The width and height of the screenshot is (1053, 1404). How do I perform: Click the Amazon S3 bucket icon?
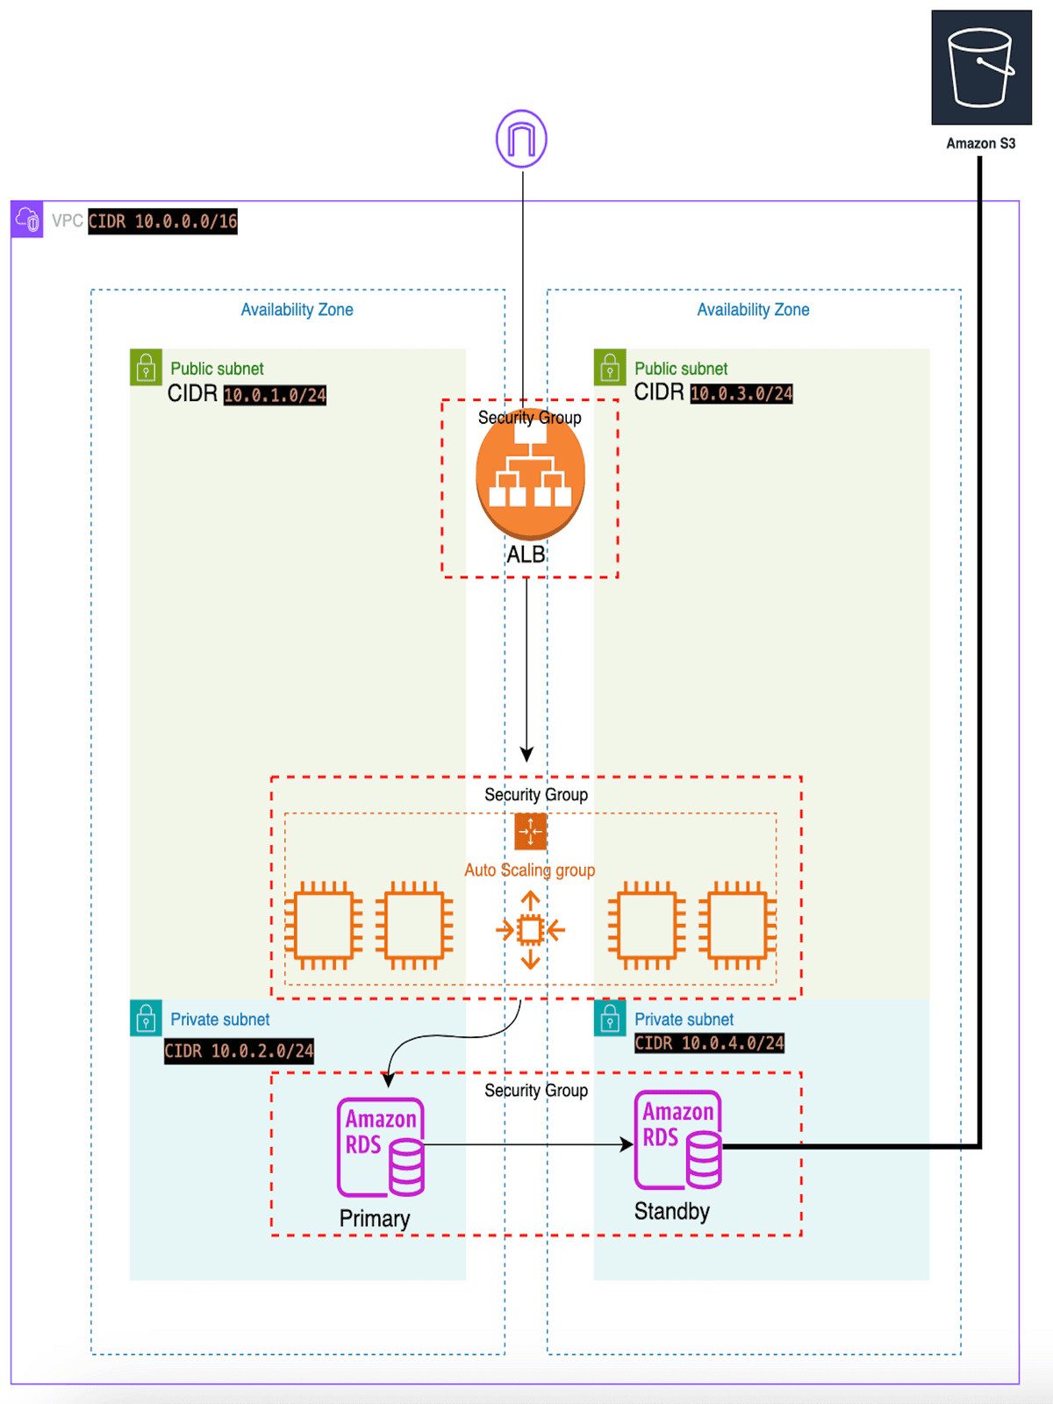[981, 68]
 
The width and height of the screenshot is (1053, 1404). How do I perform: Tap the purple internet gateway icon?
[521, 139]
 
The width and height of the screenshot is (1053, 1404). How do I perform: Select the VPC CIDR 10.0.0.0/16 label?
[162, 221]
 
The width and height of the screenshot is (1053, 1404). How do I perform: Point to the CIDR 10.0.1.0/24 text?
[275, 395]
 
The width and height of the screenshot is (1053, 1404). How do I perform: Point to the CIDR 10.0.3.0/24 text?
[741, 393]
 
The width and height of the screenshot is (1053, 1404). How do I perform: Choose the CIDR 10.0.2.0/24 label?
[239, 1051]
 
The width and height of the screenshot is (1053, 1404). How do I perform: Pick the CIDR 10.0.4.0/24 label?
[709, 1042]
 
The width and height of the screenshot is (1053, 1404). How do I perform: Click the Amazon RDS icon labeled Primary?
[381, 1148]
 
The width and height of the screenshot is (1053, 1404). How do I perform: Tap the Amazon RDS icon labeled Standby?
[678, 1140]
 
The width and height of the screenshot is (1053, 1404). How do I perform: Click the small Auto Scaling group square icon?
[530, 831]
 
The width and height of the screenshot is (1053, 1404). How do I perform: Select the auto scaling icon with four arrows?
[530, 930]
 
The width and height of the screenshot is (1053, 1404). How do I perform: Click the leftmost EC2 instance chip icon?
[324, 926]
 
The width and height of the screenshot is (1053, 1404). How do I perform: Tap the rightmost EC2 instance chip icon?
[737, 926]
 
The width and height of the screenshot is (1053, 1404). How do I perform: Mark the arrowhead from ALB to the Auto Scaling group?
[526, 754]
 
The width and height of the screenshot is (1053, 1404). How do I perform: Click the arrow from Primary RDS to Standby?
[526, 1144]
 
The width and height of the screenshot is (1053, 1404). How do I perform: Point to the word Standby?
[671, 1211]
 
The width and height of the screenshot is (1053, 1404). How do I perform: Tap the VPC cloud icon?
[27, 219]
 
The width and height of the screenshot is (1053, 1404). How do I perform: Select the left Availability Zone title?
[297, 310]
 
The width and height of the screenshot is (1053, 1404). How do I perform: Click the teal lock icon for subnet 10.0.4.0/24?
[610, 1019]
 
